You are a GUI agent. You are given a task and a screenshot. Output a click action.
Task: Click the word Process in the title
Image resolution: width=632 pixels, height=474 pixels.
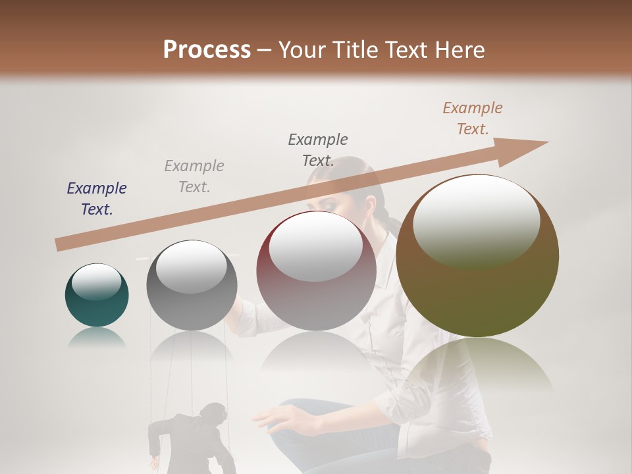207,49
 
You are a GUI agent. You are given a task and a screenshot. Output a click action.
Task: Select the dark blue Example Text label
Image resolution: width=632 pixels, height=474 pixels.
97,199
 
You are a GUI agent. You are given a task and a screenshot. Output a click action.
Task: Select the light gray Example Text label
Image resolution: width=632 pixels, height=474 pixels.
194,176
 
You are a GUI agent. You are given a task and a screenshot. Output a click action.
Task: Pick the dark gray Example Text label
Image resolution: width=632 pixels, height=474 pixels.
318,150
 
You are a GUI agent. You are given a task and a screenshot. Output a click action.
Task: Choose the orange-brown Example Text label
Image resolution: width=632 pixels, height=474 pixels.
473,118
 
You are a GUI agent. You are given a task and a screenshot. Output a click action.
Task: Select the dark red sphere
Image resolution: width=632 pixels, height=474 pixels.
316,273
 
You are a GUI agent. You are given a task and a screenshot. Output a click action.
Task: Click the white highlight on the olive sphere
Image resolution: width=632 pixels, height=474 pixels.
476,221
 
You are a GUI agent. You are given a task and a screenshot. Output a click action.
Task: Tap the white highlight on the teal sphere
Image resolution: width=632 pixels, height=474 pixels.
96,282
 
